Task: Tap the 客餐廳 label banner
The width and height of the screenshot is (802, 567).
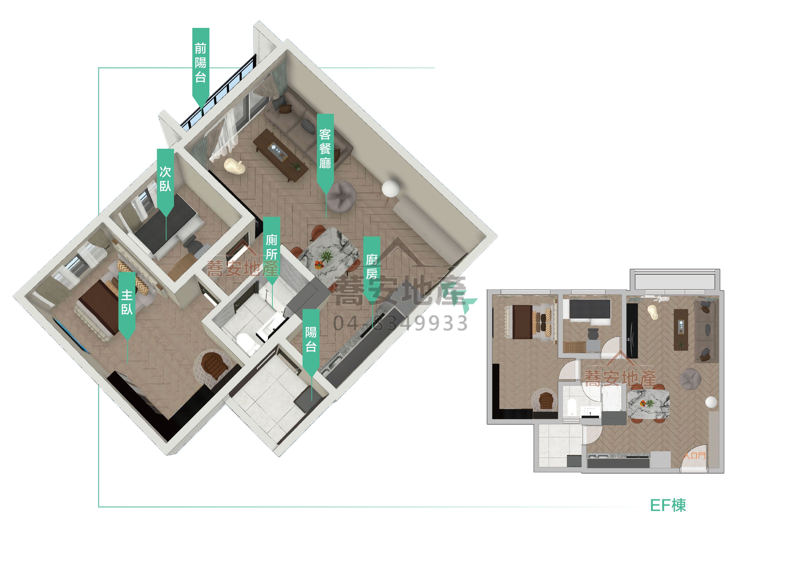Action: point(325,150)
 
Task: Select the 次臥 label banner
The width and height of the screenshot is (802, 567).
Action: point(165,180)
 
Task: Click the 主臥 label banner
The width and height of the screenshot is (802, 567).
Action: point(127,304)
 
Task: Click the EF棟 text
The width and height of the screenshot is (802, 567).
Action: point(668,505)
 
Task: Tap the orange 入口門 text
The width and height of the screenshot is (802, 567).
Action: point(694,456)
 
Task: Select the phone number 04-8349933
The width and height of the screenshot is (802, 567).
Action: point(400,323)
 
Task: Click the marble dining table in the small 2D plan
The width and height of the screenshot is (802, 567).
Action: point(648,404)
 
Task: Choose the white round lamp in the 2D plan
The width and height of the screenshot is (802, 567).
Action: point(711,402)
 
